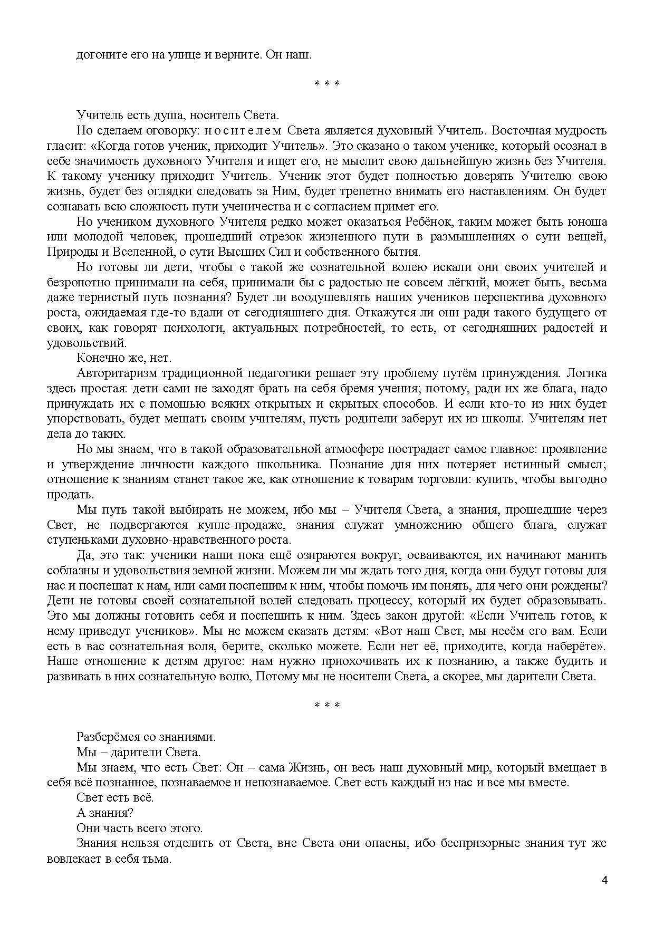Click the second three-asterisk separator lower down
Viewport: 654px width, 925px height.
pyautogui.click(x=326, y=706)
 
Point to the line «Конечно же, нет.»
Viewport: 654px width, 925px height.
pyautogui.click(x=124, y=358)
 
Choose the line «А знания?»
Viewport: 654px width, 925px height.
pyautogui.click(x=105, y=813)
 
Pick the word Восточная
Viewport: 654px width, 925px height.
pyautogui.click(x=521, y=130)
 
